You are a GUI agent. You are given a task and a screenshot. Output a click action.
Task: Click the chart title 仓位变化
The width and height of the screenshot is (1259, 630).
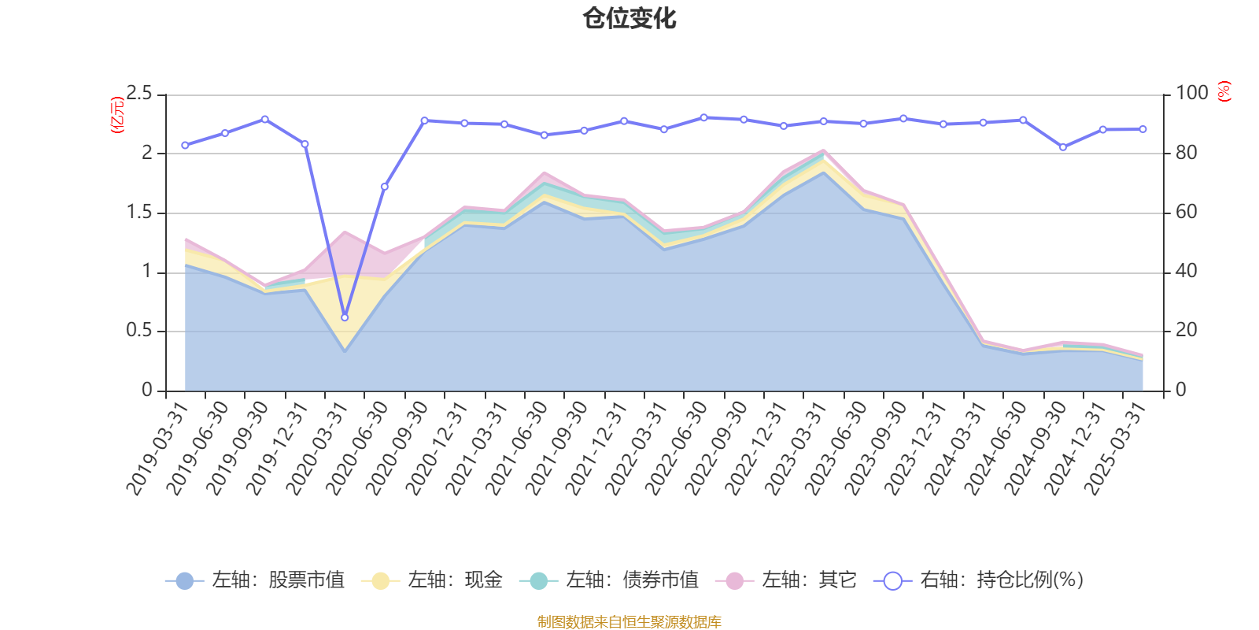point(629,18)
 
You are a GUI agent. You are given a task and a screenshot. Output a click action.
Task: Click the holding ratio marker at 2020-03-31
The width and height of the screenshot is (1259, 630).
point(345,317)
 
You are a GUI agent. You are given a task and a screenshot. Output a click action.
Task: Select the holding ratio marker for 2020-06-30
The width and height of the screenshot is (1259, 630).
point(385,187)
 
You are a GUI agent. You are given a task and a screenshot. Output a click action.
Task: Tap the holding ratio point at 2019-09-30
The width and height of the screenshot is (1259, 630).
point(264,119)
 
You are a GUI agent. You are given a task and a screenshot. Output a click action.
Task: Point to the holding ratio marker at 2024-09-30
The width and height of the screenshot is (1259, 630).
point(1063,147)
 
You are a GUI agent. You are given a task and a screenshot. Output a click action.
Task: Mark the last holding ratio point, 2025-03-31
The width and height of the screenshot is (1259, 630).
point(1143,129)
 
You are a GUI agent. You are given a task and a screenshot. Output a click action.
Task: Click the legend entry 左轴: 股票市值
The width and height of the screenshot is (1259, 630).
point(255,580)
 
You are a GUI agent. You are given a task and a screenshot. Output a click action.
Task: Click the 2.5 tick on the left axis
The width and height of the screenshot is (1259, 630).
point(139,94)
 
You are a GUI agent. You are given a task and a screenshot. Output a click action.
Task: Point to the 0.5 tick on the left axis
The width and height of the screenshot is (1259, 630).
point(139,331)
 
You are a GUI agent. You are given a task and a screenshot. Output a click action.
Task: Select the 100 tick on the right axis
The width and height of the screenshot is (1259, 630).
point(1191,94)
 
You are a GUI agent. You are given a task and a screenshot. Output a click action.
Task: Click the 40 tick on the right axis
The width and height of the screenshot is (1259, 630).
point(1187,272)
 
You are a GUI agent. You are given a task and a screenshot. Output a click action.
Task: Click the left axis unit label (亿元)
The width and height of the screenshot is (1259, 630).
point(118,115)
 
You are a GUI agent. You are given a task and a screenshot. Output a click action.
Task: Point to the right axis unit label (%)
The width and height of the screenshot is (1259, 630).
point(1224,91)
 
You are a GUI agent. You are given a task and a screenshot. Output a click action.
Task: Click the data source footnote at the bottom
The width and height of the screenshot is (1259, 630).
point(629,622)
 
